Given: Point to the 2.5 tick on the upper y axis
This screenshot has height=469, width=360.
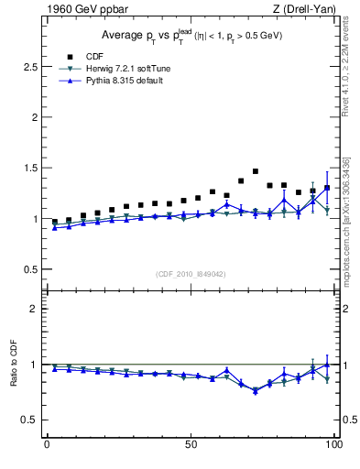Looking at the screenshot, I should tap(31, 68).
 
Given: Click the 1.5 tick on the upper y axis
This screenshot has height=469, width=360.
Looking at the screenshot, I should tap(31, 169).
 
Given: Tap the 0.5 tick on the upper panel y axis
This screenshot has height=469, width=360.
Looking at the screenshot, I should tap(31, 268).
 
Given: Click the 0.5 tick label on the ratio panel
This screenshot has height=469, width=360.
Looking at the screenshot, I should tap(31, 420).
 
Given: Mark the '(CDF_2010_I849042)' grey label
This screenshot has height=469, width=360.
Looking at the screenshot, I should tap(191, 274).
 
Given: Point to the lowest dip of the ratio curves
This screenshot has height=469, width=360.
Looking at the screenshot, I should tap(256, 390).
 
